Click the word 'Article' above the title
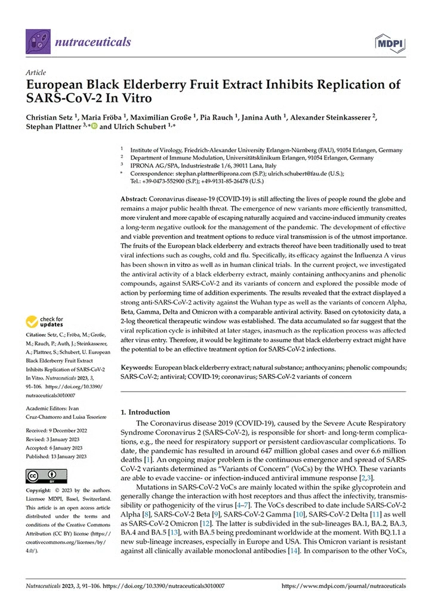36,72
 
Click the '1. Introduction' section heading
146,412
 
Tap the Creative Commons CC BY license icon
42,476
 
